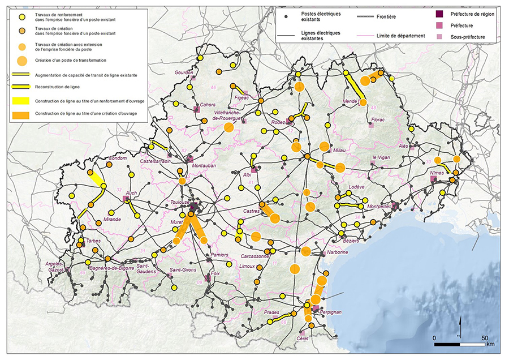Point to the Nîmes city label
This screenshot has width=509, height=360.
(x=437, y=172)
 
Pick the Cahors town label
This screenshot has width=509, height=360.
(x=208, y=104)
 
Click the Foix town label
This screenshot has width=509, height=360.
(x=215, y=273)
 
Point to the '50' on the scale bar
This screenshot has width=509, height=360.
(x=484, y=337)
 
